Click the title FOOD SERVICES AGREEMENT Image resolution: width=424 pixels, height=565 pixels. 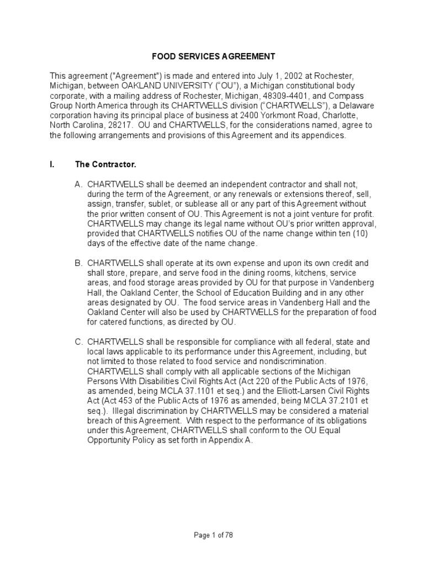coord(213,56)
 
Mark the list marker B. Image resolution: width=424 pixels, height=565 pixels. coord(78,264)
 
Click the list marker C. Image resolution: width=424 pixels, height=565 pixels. coord(78,343)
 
